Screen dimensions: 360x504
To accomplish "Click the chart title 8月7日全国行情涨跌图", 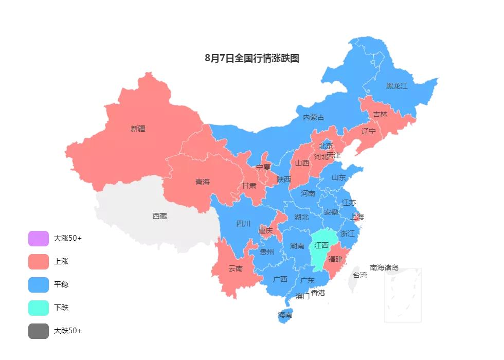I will [251, 58].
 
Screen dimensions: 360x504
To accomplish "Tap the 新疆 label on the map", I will [138, 129].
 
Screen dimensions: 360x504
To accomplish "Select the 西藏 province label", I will [159, 216].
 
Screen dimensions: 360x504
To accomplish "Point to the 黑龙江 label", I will [397, 86].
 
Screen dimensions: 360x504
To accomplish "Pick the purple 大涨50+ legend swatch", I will [39, 239].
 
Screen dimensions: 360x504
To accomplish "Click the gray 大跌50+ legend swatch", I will [39, 331].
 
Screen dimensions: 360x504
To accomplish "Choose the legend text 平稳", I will [61, 284].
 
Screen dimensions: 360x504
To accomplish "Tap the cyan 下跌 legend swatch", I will [39, 308].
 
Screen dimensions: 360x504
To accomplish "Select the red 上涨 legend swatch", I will [39, 261].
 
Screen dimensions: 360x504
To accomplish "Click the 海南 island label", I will [285, 315].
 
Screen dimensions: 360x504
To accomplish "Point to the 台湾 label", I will [359, 275].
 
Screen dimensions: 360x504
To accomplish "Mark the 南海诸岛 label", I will [384, 267].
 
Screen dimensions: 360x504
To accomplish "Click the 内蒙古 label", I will [313, 117].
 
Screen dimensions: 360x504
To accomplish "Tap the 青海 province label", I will [203, 182].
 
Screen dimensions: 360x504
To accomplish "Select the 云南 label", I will [236, 268].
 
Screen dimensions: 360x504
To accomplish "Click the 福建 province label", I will [335, 259].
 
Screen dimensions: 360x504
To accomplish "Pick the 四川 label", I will [243, 224].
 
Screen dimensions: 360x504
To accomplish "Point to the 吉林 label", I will [380, 114].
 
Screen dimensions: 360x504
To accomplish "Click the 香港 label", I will [318, 293].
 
